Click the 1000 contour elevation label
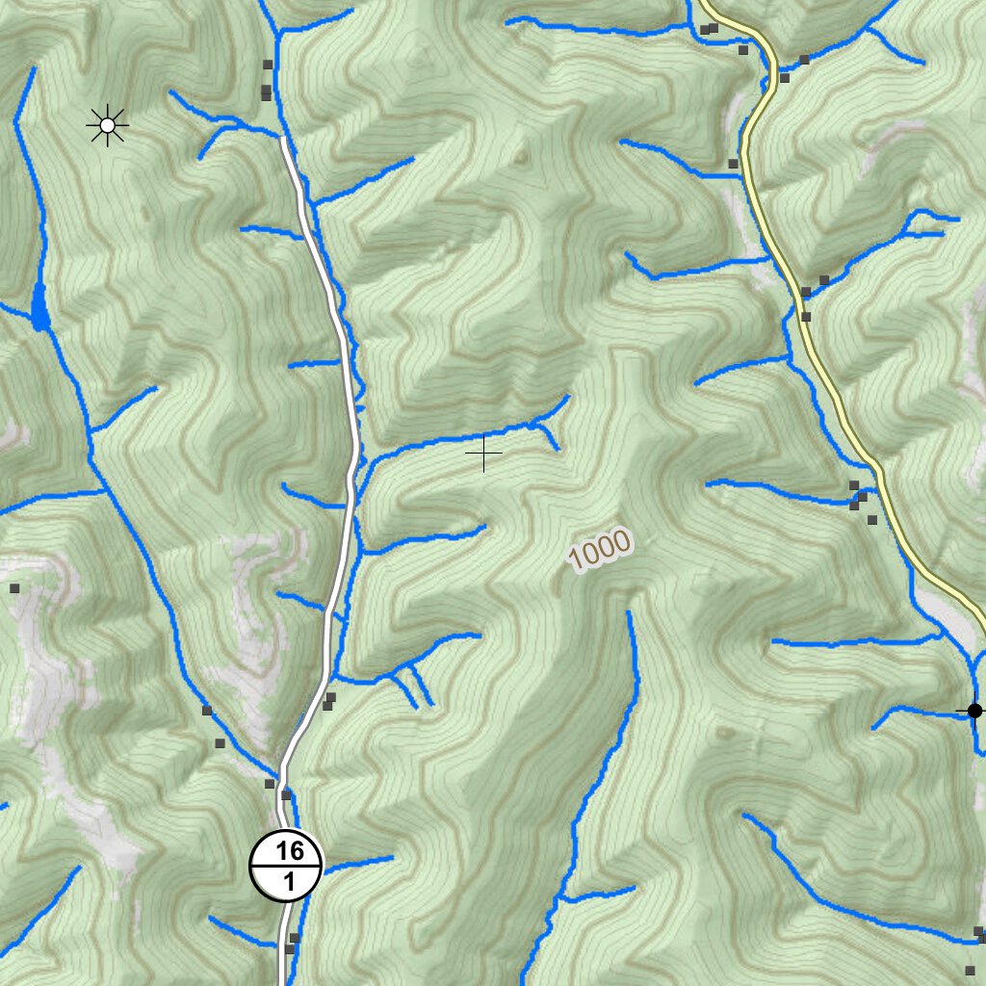[599, 551]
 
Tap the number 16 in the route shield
[288, 850]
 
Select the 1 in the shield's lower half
[288, 880]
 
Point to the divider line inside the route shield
[287, 866]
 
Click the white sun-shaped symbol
[107, 125]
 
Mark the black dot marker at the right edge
[974, 711]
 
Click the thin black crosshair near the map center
[483, 453]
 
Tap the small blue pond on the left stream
[39, 308]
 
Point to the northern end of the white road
[283, 140]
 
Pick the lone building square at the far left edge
[14, 587]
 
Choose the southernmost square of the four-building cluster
[872, 520]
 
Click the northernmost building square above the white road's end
[268, 65]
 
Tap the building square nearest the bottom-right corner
[970, 970]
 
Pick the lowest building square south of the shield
[289, 949]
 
